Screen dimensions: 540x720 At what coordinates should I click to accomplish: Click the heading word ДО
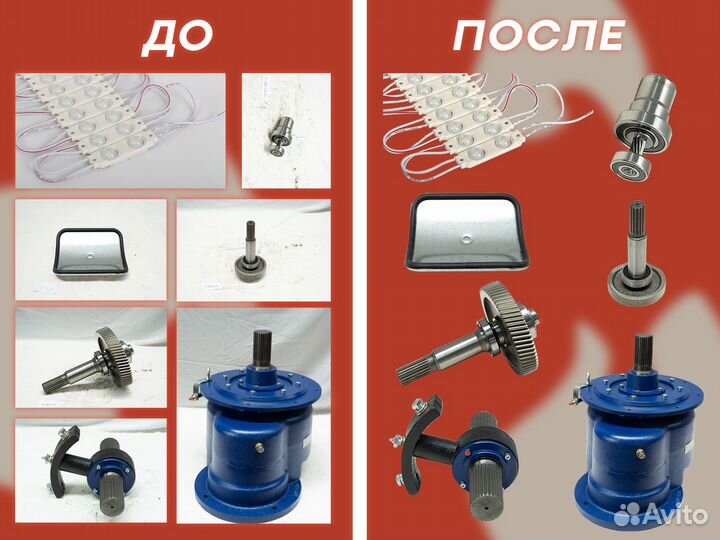point(177,36)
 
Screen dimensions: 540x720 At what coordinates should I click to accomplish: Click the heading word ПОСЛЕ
point(539,36)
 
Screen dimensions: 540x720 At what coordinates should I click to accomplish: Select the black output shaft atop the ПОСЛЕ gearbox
point(644,356)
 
